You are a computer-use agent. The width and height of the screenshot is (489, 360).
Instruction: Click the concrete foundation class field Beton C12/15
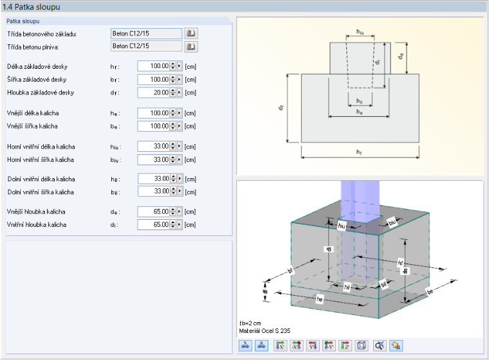[146, 33]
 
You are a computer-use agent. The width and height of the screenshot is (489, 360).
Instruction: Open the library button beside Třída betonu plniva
[191, 47]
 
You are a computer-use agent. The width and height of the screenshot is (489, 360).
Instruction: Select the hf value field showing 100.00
[154, 66]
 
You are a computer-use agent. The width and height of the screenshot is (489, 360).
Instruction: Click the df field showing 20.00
[154, 93]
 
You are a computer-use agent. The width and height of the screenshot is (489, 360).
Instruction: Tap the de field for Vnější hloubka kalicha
[154, 212]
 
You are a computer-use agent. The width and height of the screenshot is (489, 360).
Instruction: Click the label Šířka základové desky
[37, 80]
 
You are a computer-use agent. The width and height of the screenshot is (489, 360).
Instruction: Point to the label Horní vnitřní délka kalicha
[41, 147]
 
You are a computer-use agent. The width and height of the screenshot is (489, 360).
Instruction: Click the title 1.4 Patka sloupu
[31, 7]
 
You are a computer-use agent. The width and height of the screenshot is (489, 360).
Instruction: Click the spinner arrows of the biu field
[173, 159]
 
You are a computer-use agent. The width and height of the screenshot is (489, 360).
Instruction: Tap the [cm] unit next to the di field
[190, 225]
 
